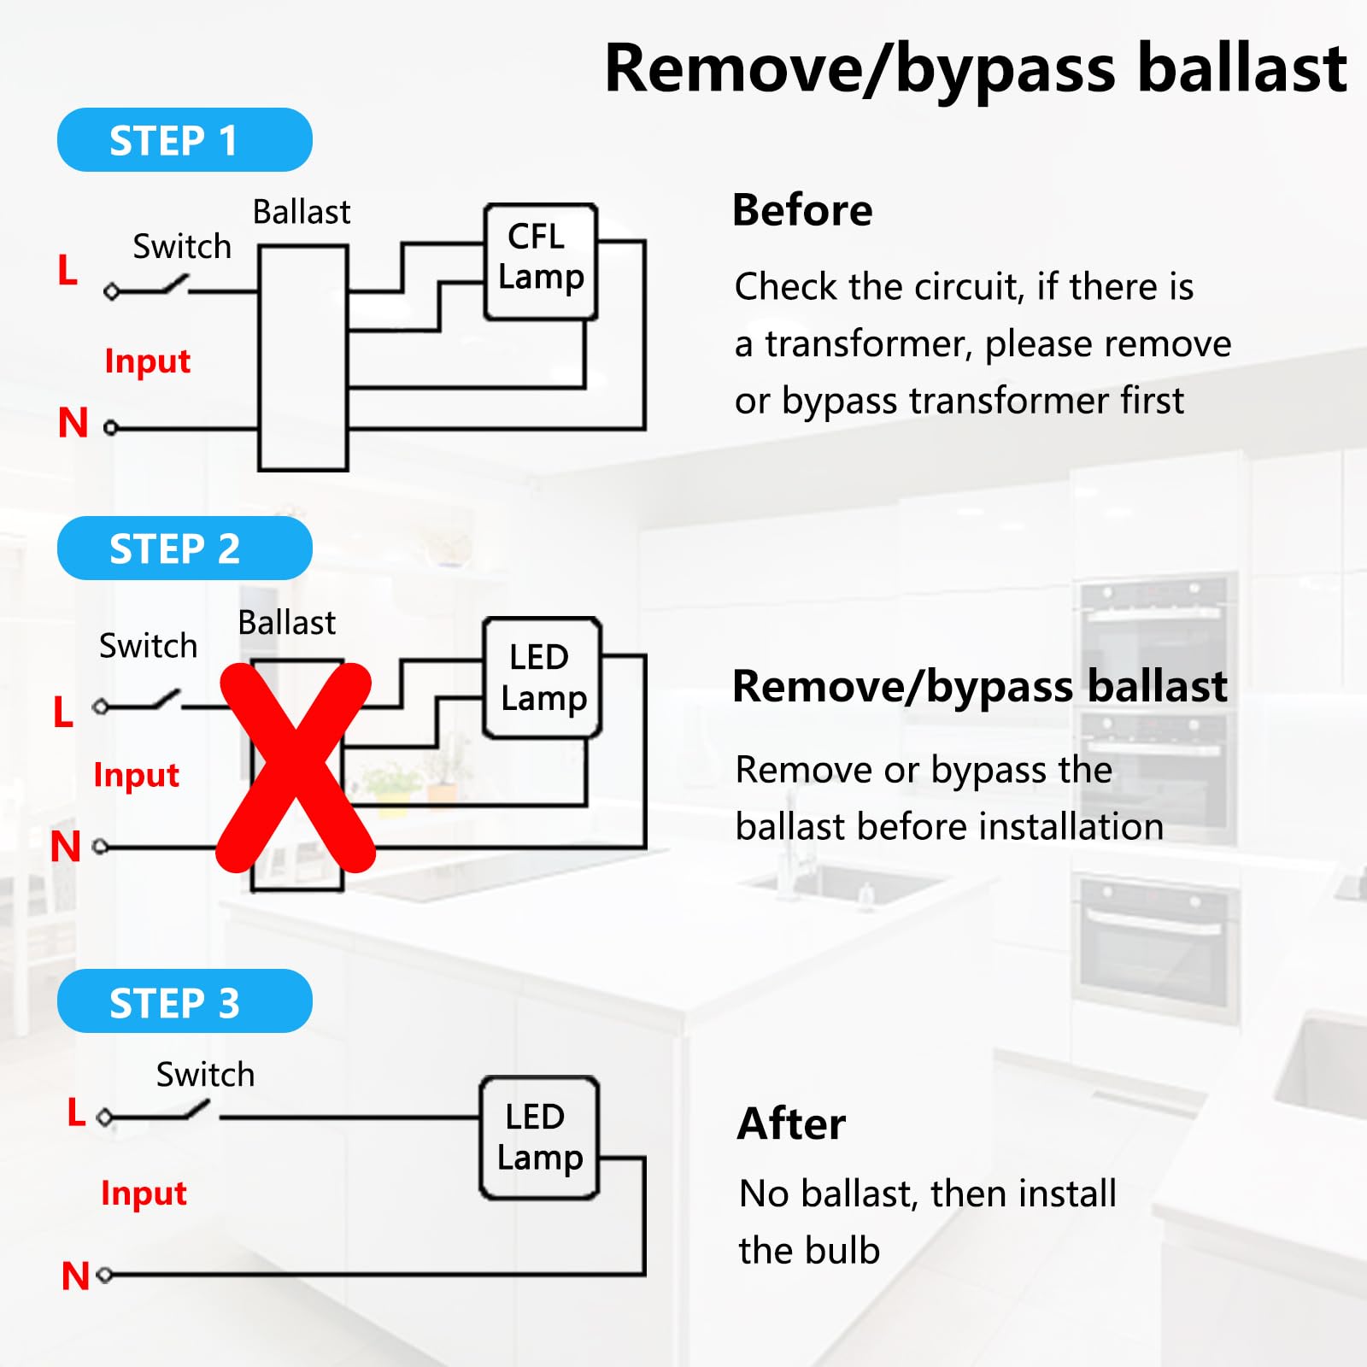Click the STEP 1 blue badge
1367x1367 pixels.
(185, 140)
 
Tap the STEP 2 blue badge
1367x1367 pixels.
(185, 549)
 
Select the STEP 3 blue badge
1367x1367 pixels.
(185, 1001)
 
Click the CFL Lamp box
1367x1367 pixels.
(540, 262)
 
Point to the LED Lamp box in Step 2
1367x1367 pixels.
(543, 678)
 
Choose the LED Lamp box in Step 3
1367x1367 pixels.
(539, 1137)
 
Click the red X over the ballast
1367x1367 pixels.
(296, 767)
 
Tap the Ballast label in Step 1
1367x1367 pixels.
(302, 212)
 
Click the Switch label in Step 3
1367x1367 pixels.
(205, 1074)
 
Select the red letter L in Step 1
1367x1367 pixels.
(67, 270)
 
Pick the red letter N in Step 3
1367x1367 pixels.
(75, 1276)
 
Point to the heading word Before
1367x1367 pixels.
(802, 210)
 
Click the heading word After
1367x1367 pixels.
(791, 1124)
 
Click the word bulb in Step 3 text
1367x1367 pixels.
(843, 1250)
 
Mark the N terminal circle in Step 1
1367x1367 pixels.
(110, 427)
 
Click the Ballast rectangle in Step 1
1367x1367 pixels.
(303, 358)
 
